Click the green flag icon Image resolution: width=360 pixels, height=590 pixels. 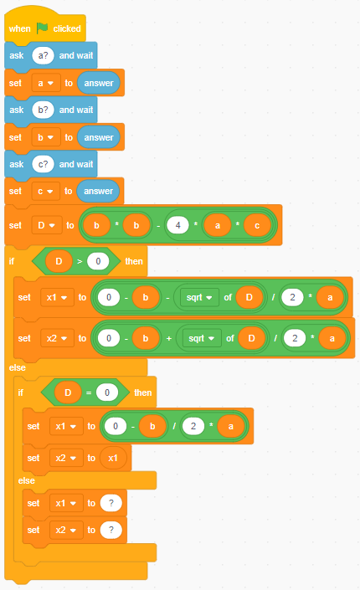click(42, 28)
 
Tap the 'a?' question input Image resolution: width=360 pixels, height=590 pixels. click(43, 55)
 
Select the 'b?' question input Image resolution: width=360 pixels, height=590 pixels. click(43, 110)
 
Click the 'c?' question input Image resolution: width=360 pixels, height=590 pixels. click(43, 164)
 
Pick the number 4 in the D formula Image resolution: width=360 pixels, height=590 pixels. click(177, 225)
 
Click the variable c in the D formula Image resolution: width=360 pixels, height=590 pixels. click(257, 225)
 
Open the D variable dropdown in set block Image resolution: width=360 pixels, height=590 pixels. click(47, 225)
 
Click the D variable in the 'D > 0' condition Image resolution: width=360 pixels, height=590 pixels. click(59, 261)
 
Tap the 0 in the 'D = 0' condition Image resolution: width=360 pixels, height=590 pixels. click(107, 392)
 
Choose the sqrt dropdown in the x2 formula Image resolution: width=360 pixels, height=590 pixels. click(202, 339)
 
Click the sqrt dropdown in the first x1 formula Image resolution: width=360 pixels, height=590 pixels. click(199, 298)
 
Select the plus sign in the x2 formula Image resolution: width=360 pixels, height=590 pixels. click(169, 339)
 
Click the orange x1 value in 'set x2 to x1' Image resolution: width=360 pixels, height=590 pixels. click(113, 458)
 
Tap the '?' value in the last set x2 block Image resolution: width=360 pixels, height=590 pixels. click(111, 531)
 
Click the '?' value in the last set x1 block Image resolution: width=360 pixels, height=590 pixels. click(111, 503)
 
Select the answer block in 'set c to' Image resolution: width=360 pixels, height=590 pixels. click(98, 191)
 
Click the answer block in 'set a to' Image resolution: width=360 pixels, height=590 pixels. click(99, 83)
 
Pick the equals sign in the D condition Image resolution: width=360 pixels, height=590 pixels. click(89, 392)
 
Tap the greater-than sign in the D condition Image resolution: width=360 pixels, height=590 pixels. click(80, 261)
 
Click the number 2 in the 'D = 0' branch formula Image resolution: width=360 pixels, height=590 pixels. click(193, 426)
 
